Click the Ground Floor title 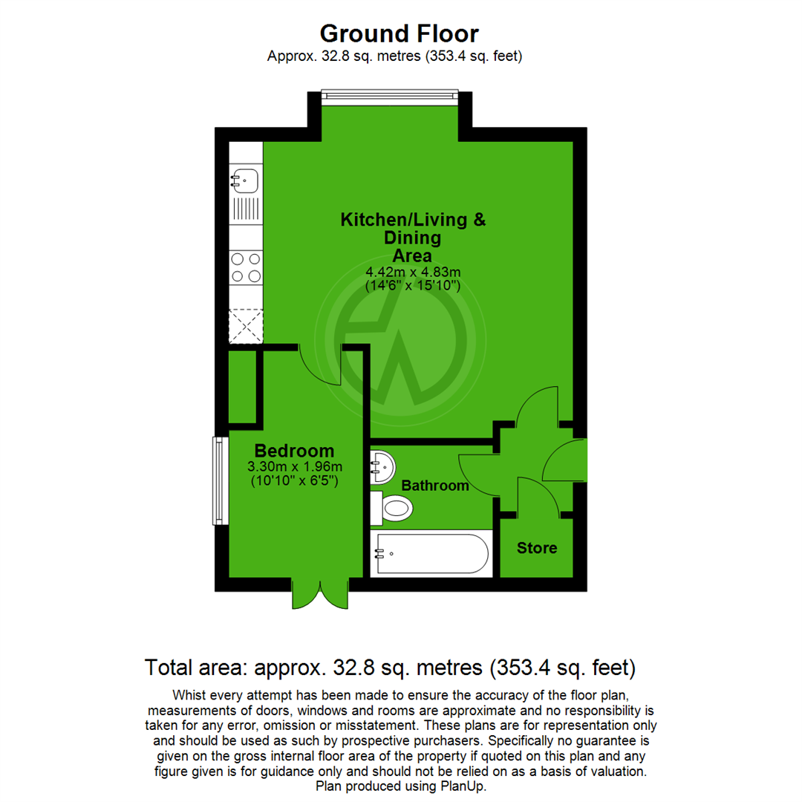pos(400,33)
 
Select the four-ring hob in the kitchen pos(246,267)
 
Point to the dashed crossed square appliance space pos(246,325)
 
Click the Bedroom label pos(294,451)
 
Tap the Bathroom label pos(435,486)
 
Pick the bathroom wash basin pos(382,466)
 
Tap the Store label pos(536,548)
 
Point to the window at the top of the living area pos(391,94)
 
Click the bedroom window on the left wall pos(218,480)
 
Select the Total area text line pos(390,668)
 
